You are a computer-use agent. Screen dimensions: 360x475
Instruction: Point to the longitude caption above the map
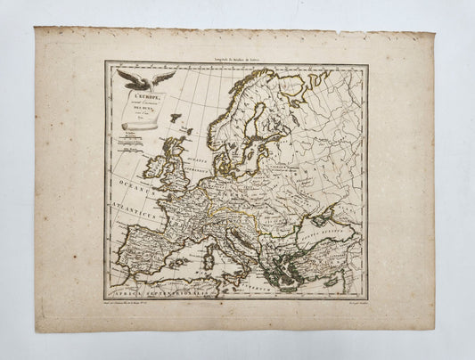[234, 57]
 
